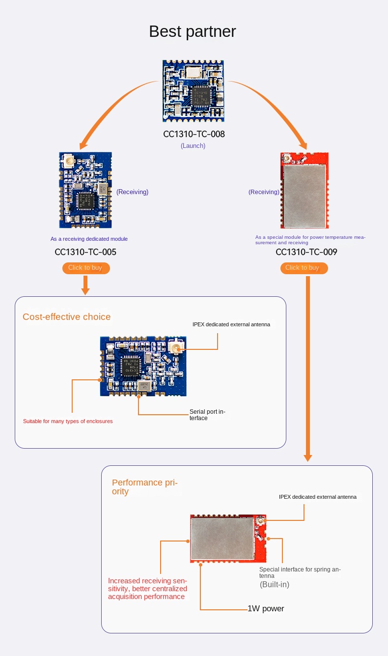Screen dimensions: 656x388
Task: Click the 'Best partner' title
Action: pos(193,31)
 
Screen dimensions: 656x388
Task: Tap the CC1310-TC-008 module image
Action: pos(193,91)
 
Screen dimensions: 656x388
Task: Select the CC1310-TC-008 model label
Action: pos(194,134)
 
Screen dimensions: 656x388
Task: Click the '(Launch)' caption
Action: pos(193,146)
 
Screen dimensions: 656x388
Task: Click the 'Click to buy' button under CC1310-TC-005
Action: pos(86,268)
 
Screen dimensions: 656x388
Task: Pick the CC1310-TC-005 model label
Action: pos(85,252)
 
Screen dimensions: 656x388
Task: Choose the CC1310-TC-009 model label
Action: pos(306,252)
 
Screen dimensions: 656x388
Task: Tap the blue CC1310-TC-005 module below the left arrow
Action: pos(85,190)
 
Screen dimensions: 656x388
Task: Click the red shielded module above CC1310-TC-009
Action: pos(305,190)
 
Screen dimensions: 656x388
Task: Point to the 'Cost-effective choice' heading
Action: pos(67,317)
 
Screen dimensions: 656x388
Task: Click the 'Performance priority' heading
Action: pos(144,487)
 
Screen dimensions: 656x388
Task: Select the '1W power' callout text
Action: pos(266,609)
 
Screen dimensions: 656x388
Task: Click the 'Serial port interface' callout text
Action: pos(207,415)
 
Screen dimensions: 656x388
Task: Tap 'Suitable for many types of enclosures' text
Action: pos(68,421)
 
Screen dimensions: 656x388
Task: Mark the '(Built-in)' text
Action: pos(275,585)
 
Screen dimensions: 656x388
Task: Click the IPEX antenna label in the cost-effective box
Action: pos(231,324)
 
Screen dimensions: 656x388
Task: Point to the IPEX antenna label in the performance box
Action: pos(318,497)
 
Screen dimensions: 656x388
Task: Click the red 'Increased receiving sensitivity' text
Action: pos(147,589)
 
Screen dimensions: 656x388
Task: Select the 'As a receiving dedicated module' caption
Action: pos(89,239)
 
